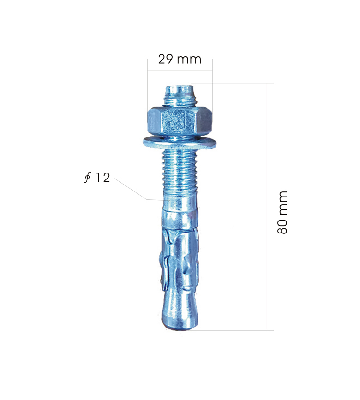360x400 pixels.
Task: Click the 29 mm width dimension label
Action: pyautogui.click(x=180, y=59)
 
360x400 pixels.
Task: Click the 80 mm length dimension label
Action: pyautogui.click(x=282, y=212)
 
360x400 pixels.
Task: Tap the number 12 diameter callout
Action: pyautogui.click(x=102, y=178)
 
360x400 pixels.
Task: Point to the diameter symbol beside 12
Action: pyautogui.click(x=87, y=178)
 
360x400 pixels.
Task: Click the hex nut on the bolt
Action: pyautogui.click(x=180, y=122)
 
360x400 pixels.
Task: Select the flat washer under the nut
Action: pyautogui.click(x=180, y=143)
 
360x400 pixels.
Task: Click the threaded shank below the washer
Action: pyautogui.click(x=180, y=173)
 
